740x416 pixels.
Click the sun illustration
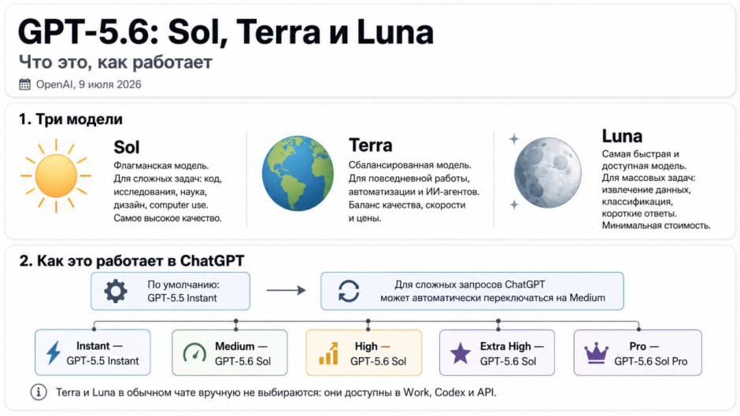click(56, 175)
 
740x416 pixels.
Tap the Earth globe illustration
click(298, 173)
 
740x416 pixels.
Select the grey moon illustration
click(547, 173)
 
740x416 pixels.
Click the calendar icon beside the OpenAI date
click(24, 84)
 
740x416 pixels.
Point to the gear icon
click(116, 291)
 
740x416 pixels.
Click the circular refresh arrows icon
click(349, 291)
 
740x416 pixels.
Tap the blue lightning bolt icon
click(54, 352)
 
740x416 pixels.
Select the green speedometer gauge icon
click(194, 353)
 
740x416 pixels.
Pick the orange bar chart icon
click(328, 353)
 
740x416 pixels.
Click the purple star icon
click(461, 353)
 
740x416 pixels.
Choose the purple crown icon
click(596, 353)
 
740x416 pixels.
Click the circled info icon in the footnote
click(39, 392)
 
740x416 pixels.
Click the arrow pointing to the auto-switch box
click(286, 290)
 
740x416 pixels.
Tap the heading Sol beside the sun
click(127, 147)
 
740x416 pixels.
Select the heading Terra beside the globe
click(371, 145)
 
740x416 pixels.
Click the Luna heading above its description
click(622, 136)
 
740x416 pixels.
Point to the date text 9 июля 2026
click(110, 84)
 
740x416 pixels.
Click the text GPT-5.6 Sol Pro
click(651, 361)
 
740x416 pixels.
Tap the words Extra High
click(505, 346)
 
